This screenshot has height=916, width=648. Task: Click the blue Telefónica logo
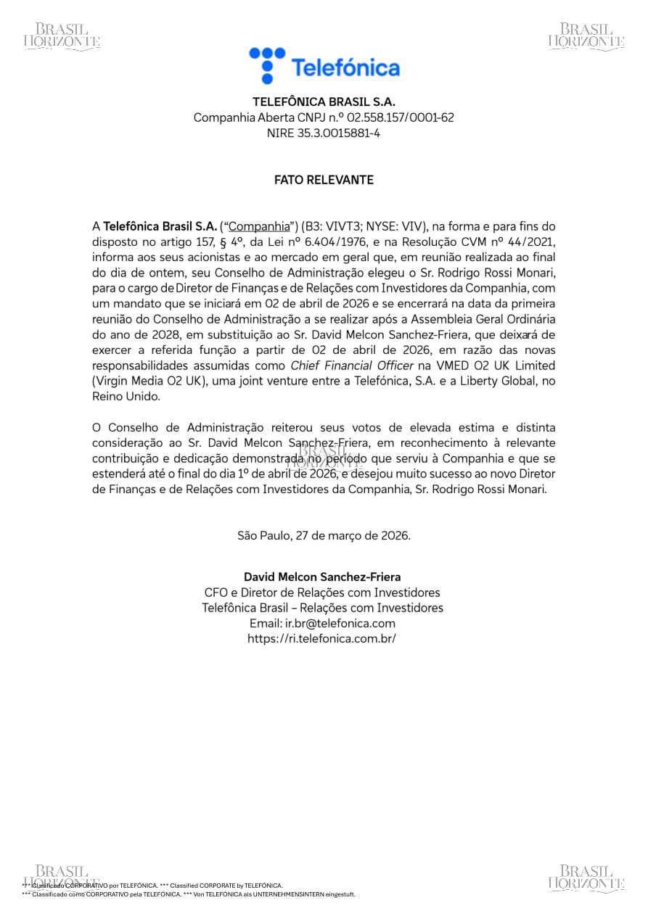pos(324,66)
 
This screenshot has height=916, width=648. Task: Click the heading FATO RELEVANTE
pos(324,180)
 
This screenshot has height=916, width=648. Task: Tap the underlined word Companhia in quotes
pos(259,226)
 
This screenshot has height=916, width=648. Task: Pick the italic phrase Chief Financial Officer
pos(352,366)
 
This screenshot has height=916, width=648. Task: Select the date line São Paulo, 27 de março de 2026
pos(324,536)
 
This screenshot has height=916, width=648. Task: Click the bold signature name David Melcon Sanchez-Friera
pos(322,577)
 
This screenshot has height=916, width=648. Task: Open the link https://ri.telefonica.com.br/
pos(322,639)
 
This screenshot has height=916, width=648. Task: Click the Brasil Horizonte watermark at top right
pos(586,36)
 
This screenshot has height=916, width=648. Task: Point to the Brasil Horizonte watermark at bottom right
pos(586,878)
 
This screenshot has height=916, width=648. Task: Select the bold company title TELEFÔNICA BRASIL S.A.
pos(324,102)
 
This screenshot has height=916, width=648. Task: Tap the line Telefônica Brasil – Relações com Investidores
pos(322,608)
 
